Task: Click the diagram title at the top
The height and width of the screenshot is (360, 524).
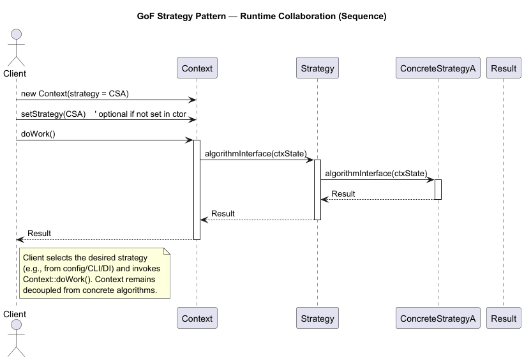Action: (x=262, y=17)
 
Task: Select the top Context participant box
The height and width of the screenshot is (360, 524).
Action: (x=197, y=68)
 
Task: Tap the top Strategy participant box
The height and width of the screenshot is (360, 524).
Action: (x=317, y=68)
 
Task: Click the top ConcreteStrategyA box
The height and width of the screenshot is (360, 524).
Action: (x=438, y=68)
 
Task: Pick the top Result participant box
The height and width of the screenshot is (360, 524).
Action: (x=504, y=68)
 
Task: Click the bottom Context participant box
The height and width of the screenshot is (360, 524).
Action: (x=197, y=318)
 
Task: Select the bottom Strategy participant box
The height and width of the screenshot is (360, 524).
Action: (x=317, y=318)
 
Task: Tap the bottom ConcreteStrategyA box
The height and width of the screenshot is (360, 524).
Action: (x=438, y=318)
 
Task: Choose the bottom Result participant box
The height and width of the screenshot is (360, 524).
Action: (x=504, y=318)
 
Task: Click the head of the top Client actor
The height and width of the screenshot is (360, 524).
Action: (x=15, y=36)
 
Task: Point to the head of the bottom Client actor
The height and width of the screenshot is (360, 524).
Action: (x=15, y=328)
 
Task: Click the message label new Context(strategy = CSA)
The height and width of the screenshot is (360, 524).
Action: (x=75, y=94)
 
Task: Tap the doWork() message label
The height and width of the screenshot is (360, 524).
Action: (x=38, y=134)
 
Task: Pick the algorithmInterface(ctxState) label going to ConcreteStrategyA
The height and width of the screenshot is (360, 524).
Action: (x=376, y=174)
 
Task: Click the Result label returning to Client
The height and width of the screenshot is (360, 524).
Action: (x=39, y=234)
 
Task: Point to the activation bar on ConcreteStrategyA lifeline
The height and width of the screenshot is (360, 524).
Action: (x=438, y=190)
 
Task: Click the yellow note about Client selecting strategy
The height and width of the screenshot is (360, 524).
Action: (x=94, y=273)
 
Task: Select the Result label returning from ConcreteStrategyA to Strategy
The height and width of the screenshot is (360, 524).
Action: (x=343, y=194)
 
